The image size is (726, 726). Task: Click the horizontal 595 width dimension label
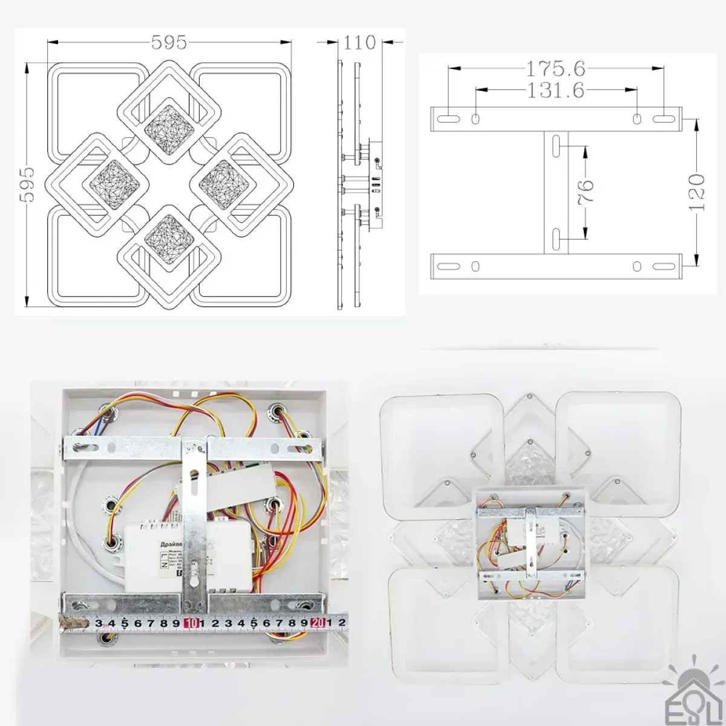[x=169, y=42]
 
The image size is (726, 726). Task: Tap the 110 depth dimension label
[x=360, y=43]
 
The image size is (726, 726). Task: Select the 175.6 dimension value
[x=555, y=69]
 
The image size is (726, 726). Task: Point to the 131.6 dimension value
[x=555, y=90]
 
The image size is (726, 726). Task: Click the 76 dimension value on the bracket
[x=586, y=191]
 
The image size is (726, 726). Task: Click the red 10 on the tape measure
[x=193, y=621]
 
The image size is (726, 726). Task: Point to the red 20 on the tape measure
[x=318, y=621]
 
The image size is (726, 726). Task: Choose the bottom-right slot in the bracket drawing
[x=663, y=266]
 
